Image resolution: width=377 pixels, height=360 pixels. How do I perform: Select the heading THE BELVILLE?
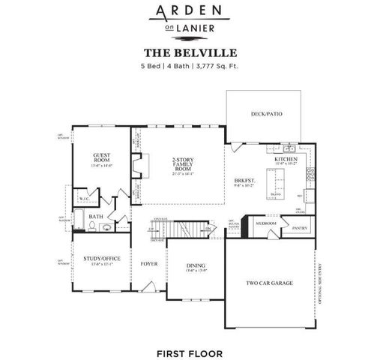(189, 53)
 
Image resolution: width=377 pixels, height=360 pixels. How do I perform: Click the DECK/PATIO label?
(266, 115)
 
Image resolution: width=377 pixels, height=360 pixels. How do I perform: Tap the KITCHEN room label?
(286, 160)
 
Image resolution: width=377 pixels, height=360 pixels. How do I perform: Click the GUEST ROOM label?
(101, 158)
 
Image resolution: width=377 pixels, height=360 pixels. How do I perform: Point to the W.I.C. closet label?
(85, 199)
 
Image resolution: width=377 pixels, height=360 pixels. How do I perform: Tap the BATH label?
(96, 217)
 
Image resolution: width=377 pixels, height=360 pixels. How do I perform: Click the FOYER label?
(148, 264)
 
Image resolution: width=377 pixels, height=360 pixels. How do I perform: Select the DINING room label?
(195, 265)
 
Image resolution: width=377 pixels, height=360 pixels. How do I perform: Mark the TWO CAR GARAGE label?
(270, 283)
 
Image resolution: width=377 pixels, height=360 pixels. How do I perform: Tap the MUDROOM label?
(266, 223)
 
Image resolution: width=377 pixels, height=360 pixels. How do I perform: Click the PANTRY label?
(300, 227)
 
